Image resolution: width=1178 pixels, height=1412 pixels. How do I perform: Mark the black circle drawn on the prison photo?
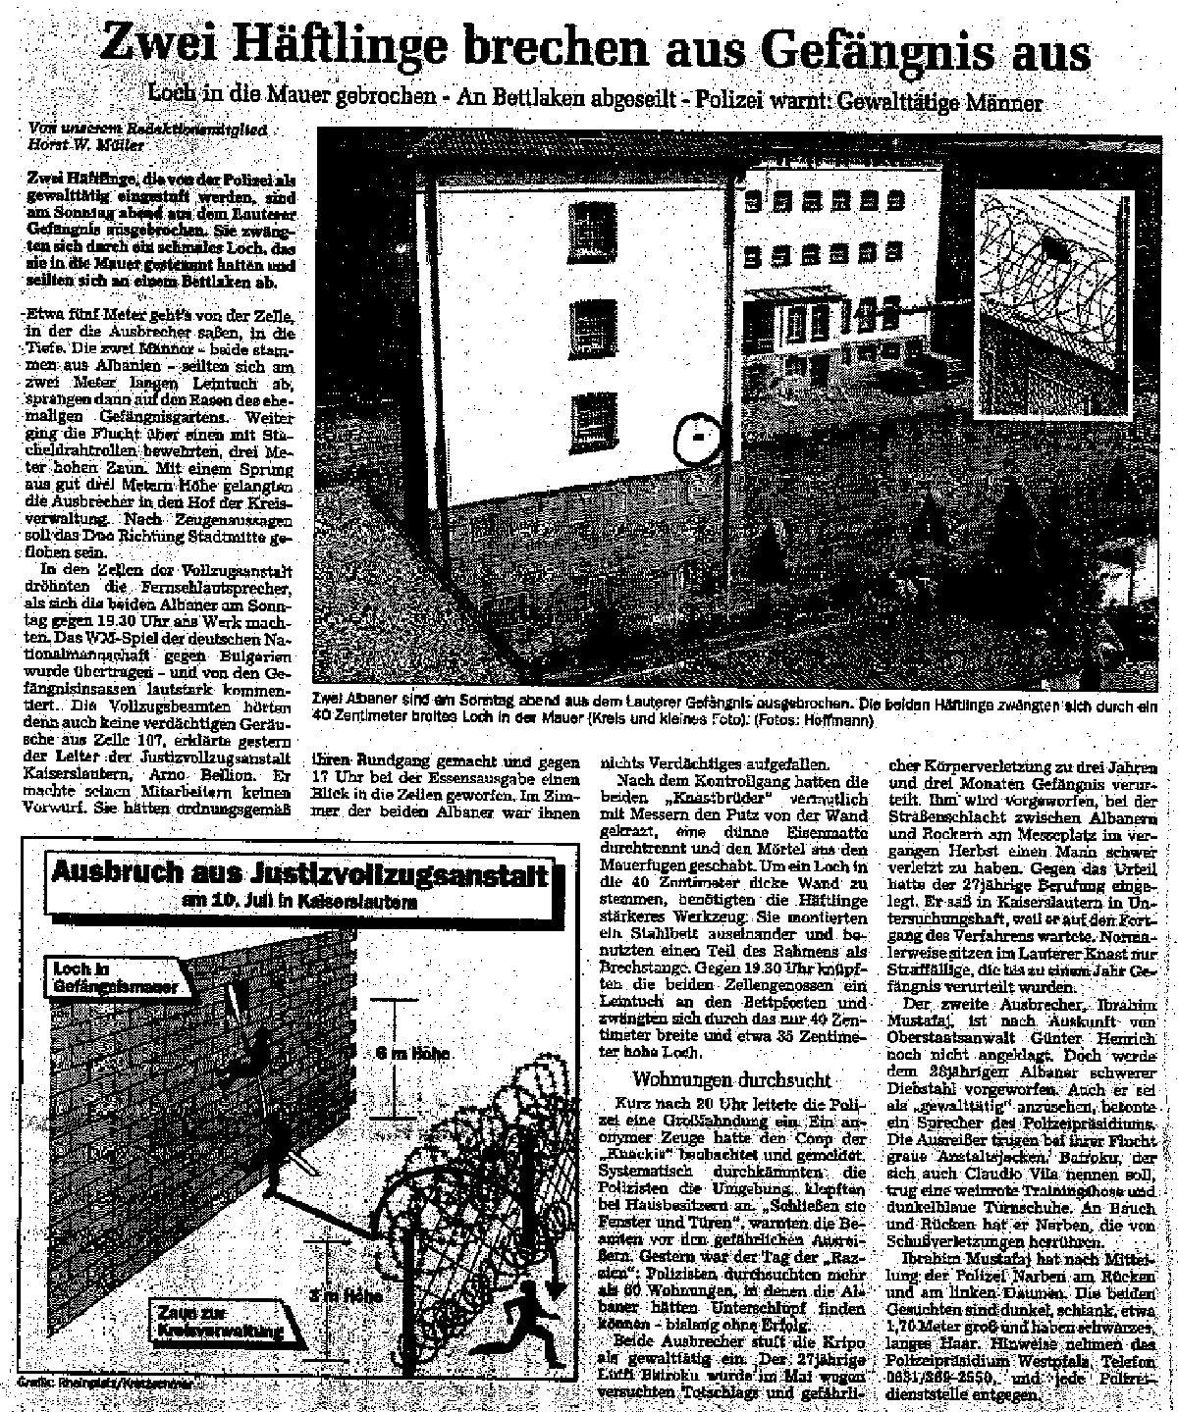click(x=697, y=435)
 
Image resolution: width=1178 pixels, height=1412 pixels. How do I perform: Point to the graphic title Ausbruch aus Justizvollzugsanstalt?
click(x=299, y=874)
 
